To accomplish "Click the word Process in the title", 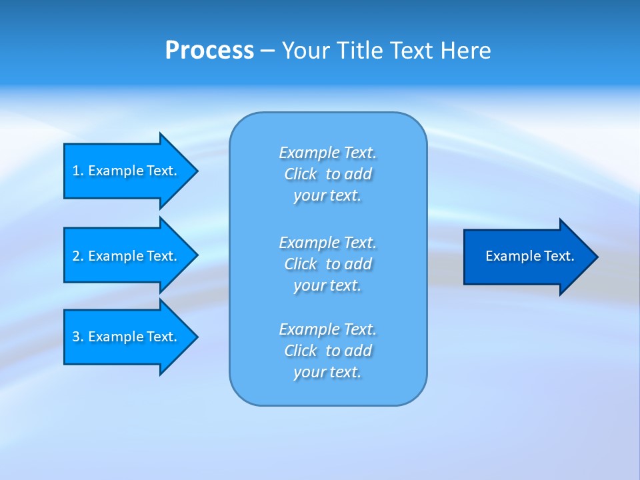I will pyautogui.click(x=209, y=51).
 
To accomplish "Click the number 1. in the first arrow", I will pyautogui.click(x=78, y=171).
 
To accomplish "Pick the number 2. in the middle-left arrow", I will pyautogui.click(x=78, y=256).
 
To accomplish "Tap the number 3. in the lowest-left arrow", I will pyautogui.click(x=78, y=337).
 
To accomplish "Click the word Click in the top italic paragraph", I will pyautogui.click(x=301, y=174).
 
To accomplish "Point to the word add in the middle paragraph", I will pyautogui.click(x=359, y=264).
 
